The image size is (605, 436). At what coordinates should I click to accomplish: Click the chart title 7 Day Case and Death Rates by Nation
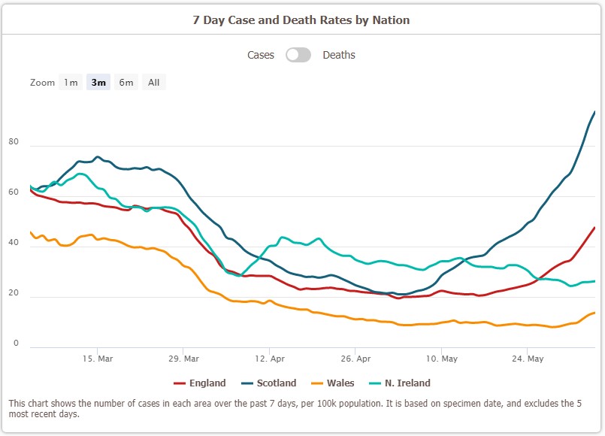[302, 20]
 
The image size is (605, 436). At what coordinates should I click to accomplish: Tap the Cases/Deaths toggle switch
[298, 55]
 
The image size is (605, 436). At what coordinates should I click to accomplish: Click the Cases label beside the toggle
[261, 55]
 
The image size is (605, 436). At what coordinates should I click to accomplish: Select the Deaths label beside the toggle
[339, 55]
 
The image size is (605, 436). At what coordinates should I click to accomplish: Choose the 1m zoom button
[71, 83]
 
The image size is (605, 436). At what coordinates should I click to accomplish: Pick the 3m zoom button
[98, 83]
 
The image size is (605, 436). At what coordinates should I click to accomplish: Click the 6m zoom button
[126, 83]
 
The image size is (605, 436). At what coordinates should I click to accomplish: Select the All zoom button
[153, 83]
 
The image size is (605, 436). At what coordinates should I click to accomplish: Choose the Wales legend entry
[334, 383]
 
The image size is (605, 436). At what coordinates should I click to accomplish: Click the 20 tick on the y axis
[14, 293]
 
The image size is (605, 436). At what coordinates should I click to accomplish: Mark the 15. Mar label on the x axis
[98, 359]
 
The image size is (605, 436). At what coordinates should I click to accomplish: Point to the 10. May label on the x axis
[442, 359]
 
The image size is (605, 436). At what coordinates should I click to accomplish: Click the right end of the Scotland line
[594, 112]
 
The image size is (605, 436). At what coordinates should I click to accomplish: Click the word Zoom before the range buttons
[42, 83]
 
